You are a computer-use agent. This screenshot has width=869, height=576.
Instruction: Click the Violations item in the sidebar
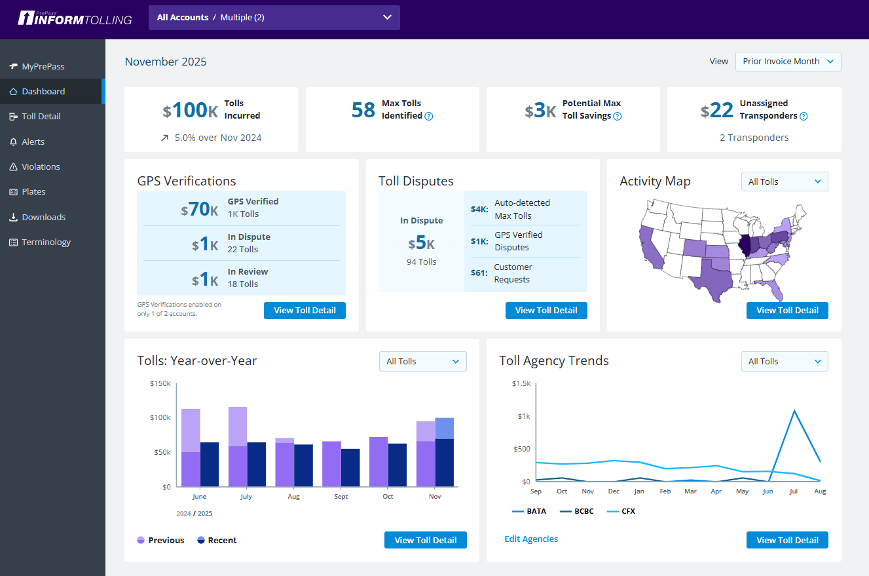click(x=41, y=167)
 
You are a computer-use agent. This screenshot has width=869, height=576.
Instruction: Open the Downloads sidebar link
click(x=43, y=217)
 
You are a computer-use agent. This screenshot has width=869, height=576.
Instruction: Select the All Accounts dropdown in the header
click(x=274, y=18)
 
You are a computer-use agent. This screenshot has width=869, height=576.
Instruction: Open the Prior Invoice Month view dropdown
click(x=788, y=62)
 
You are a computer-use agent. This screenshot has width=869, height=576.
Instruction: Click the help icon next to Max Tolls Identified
click(x=429, y=117)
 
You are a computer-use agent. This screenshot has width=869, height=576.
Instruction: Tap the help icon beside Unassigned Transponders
click(x=804, y=117)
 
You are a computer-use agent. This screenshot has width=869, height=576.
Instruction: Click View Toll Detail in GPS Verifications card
click(x=305, y=311)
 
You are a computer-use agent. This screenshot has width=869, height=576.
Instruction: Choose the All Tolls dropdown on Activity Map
click(x=784, y=182)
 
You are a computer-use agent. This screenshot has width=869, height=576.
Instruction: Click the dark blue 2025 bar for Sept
click(x=350, y=467)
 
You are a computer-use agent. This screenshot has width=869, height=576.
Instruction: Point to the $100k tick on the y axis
click(x=161, y=418)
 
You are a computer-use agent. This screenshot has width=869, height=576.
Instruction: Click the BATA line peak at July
click(x=794, y=411)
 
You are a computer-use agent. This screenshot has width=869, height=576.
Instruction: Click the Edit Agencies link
click(x=531, y=539)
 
